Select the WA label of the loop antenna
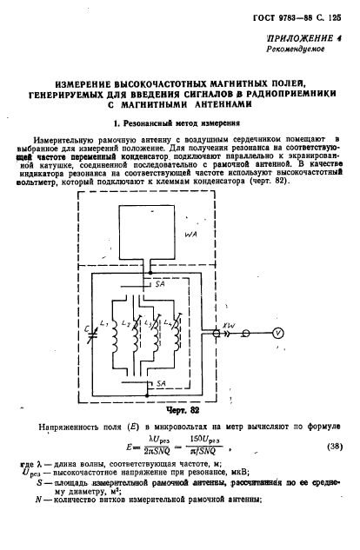coord(193,234)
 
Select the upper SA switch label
coord(159,283)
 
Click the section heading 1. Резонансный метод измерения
coord(179,124)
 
